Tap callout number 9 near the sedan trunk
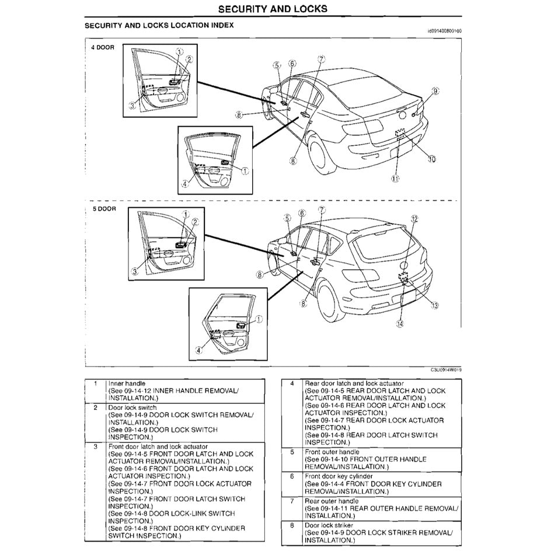pyautogui.click(x=435, y=90)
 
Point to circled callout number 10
pyautogui.click(x=432, y=158)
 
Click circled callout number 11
pyautogui.click(x=395, y=179)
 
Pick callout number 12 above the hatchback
pyautogui.click(x=414, y=219)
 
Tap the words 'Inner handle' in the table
pyautogui.click(x=127, y=383)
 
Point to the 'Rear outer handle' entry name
pyautogui.click(x=332, y=501)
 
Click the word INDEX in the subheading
pyautogui.click(x=221, y=26)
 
